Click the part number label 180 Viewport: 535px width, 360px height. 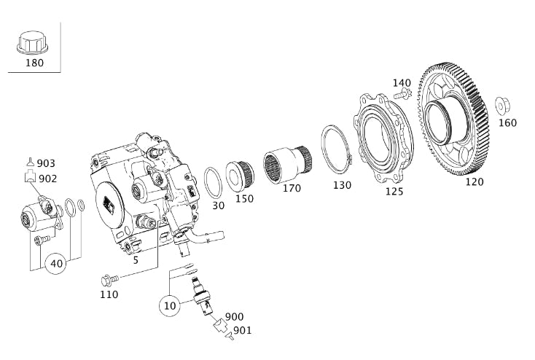(x=34, y=63)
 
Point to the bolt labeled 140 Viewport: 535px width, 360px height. (x=402, y=94)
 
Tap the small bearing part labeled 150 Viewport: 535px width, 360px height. (x=240, y=176)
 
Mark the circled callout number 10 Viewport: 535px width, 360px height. (x=170, y=305)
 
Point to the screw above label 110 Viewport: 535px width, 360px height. (x=109, y=279)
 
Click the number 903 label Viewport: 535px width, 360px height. (x=47, y=164)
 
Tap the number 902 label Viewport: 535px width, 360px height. (x=47, y=179)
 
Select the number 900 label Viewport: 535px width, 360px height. (x=235, y=317)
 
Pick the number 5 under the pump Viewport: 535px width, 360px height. (x=136, y=260)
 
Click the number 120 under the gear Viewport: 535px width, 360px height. (x=474, y=182)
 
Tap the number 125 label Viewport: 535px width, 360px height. (x=394, y=192)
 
